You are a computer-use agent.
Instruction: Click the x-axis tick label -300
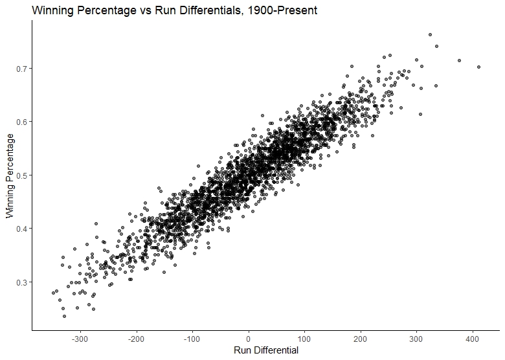point(80,339)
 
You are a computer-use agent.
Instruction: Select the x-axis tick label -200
point(136,339)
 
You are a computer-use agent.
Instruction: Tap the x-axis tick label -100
point(192,339)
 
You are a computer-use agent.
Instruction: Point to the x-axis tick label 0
point(249,339)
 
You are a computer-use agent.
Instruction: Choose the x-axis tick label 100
point(304,339)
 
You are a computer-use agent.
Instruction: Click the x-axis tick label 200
point(361,339)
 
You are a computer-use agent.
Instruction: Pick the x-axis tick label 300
point(416,339)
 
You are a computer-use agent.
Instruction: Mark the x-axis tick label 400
point(473,339)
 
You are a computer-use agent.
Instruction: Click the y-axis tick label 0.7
point(21,69)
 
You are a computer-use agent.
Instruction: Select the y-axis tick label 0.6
point(21,122)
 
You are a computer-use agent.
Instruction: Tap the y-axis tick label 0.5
point(21,175)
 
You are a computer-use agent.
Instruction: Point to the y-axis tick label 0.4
point(21,229)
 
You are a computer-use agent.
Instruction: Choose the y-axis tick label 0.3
point(21,282)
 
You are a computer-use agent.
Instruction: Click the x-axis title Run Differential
point(266,350)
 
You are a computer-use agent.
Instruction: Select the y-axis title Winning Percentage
point(10,176)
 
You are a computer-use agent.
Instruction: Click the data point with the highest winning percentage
point(430,35)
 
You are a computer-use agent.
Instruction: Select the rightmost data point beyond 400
point(478,67)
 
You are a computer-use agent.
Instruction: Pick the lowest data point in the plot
point(64,316)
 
